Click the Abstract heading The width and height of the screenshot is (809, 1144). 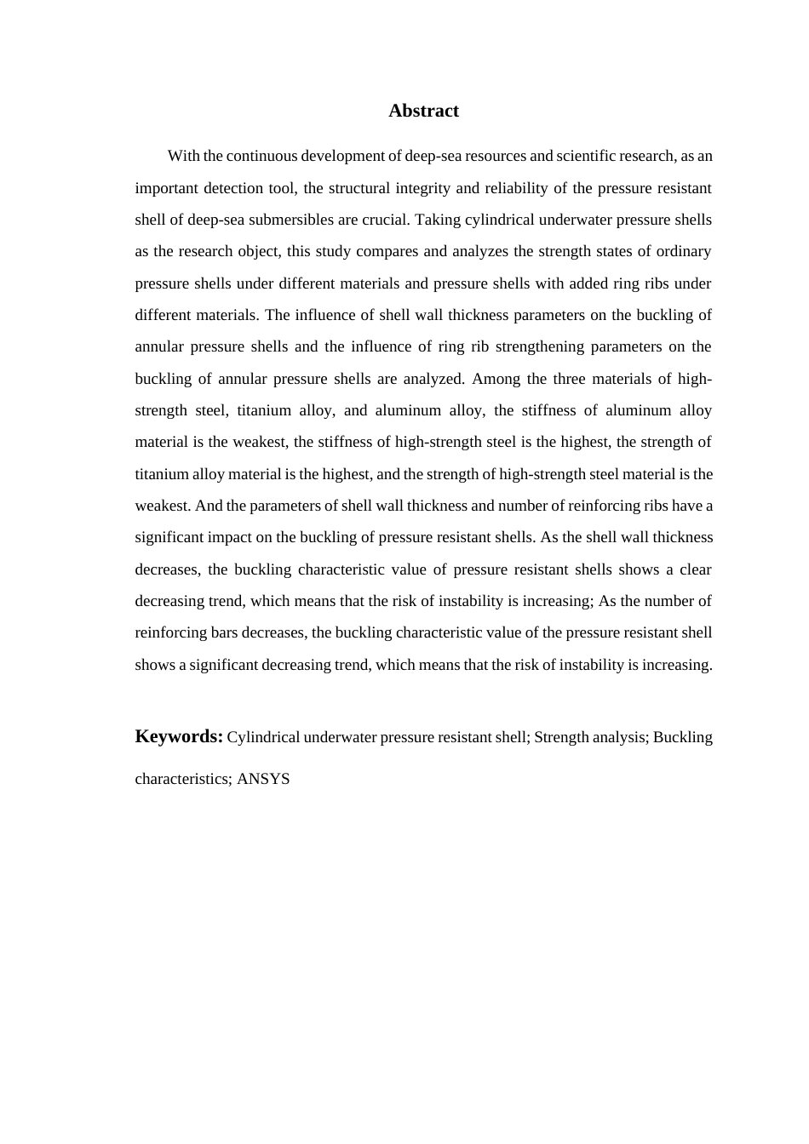[x=423, y=111]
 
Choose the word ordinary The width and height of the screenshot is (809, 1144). [x=681, y=251]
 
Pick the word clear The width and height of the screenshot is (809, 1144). [x=696, y=569]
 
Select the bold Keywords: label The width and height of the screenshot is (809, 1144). [x=179, y=736]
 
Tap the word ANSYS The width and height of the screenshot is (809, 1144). [x=263, y=779]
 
